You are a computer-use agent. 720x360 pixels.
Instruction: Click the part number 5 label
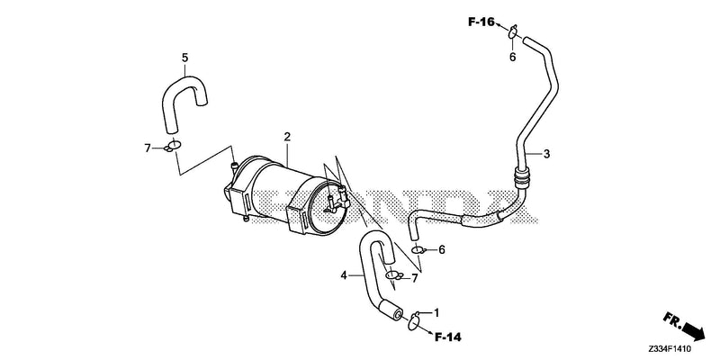[x=185, y=58]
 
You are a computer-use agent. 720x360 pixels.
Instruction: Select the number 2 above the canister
[x=287, y=137]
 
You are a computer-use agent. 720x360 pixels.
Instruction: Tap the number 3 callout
[x=546, y=154]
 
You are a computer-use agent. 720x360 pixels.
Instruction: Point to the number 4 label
[x=344, y=275]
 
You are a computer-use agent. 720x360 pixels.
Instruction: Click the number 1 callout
[x=436, y=312]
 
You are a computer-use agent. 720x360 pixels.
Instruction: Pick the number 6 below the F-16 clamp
[x=513, y=58]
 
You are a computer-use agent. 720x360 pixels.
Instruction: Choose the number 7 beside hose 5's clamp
[x=148, y=148]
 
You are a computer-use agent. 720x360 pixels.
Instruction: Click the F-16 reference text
[x=481, y=22]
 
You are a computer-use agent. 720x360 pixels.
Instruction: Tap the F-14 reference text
[x=447, y=337]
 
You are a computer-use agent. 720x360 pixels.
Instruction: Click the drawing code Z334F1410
[x=670, y=351]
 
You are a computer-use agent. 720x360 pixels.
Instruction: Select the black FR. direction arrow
[x=693, y=330]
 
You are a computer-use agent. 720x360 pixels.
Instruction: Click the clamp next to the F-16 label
[x=513, y=31]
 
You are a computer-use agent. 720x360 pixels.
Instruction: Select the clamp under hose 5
[x=173, y=146]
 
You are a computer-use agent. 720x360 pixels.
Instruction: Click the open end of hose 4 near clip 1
[x=397, y=313]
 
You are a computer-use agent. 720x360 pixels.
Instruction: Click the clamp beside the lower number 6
[x=419, y=250]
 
